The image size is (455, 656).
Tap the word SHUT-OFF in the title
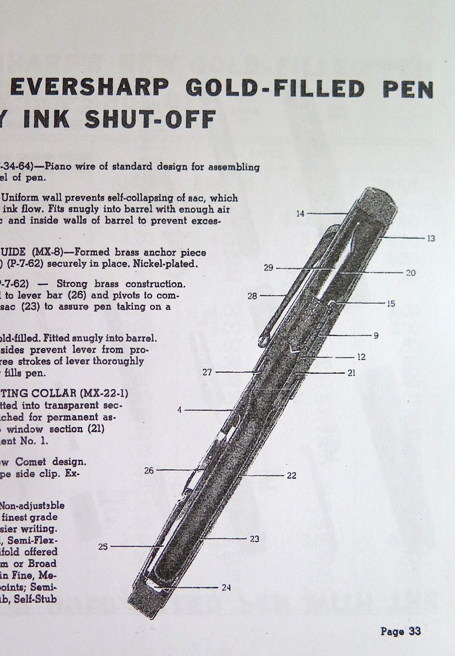coord(150,119)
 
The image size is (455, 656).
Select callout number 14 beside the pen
coord(300,214)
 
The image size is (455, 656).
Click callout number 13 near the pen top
coord(431,238)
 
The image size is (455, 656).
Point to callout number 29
coord(268,268)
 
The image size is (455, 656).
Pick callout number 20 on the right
coord(411,273)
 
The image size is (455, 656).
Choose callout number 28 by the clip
coord(252,296)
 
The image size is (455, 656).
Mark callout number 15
coord(390,304)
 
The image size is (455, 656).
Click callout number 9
coord(376,335)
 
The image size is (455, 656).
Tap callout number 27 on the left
coord(207,372)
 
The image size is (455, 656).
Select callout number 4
coord(179,409)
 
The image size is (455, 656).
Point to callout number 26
coord(149,471)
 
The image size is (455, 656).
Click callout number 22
coord(291,475)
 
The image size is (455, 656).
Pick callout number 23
coord(254,539)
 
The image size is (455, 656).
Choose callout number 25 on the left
coord(103,547)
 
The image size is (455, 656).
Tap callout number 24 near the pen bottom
coord(226,587)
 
